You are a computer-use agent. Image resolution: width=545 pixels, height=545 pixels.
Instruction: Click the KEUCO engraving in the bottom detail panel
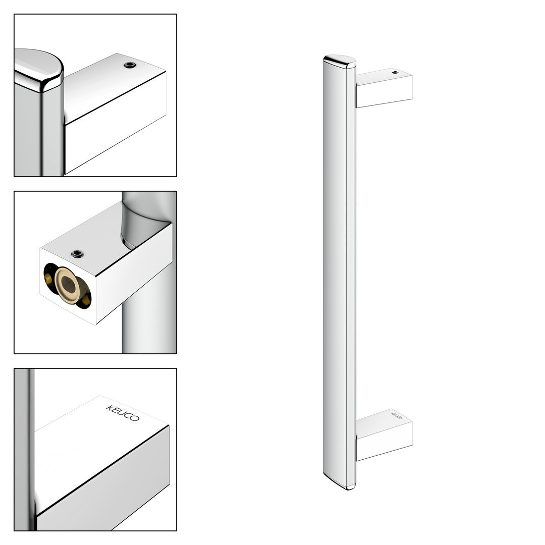[123, 413]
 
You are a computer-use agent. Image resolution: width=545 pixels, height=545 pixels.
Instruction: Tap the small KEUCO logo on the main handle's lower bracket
[397, 416]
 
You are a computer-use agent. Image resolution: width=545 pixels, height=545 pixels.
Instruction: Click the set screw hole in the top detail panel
[130, 65]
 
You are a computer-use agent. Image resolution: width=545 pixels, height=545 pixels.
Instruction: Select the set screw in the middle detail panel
[77, 254]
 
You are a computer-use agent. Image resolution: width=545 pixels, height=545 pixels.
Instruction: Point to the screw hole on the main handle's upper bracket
[395, 72]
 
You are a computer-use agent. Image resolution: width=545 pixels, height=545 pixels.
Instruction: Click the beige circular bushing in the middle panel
[68, 285]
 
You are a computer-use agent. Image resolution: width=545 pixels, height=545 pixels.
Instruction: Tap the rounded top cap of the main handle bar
[340, 62]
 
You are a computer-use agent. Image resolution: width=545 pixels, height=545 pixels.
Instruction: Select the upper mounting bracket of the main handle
[384, 88]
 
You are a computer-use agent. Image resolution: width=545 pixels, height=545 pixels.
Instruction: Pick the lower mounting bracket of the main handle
[384, 434]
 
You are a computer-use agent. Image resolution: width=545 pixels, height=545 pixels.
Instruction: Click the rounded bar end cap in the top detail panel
[38, 70]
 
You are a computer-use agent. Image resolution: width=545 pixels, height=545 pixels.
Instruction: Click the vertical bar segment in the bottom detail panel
[24, 449]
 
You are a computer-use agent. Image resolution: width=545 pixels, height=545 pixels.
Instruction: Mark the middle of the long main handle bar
[340, 272]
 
